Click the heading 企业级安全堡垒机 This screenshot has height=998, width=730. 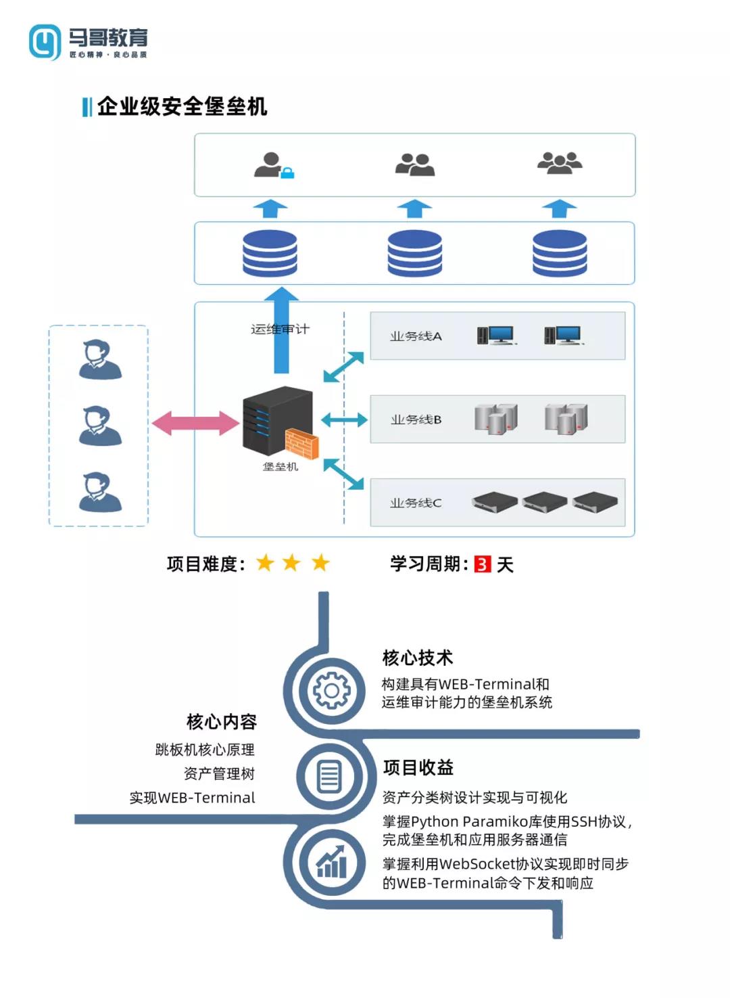pyautogui.click(x=182, y=106)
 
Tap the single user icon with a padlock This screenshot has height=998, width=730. pyautogui.click(x=273, y=165)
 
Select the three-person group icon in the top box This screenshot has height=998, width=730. pyautogui.click(x=559, y=163)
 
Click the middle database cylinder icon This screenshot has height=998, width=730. pyautogui.click(x=414, y=253)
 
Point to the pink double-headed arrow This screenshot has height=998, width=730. pyautogui.click(x=195, y=424)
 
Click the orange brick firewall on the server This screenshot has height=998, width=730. pyautogui.click(x=301, y=443)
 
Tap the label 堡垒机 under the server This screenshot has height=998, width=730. pyautogui.click(x=280, y=467)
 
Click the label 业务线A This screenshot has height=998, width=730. pyautogui.click(x=416, y=336)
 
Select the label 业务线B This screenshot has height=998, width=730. pyautogui.click(x=416, y=419)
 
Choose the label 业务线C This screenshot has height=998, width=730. pyautogui.click(x=416, y=503)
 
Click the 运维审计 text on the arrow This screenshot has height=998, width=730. pyautogui.click(x=280, y=330)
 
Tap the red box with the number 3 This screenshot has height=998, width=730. pyautogui.click(x=483, y=564)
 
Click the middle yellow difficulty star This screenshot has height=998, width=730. pyautogui.click(x=291, y=562)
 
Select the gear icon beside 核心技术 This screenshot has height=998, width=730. pyautogui.click(x=331, y=691)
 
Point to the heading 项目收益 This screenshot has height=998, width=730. pyautogui.click(x=418, y=767)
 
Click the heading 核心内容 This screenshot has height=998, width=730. pyautogui.click(x=222, y=722)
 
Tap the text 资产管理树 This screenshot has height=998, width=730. pyautogui.click(x=219, y=773)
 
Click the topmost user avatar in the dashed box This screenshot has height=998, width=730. pyautogui.click(x=100, y=360)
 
